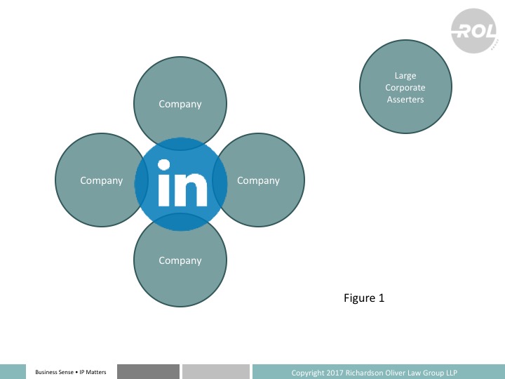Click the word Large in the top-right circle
[x=405, y=76]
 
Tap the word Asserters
[x=405, y=100]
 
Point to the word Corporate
[x=405, y=88]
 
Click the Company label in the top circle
[x=180, y=104]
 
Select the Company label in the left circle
[x=102, y=180]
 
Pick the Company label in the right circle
[x=258, y=180]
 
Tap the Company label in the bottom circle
[x=180, y=260]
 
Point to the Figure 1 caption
[x=364, y=298]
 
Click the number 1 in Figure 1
[x=382, y=298]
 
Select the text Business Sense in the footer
[x=53, y=372]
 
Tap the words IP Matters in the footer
[x=91, y=372]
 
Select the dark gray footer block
[x=148, y=371]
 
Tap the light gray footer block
[x=215, y=371]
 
